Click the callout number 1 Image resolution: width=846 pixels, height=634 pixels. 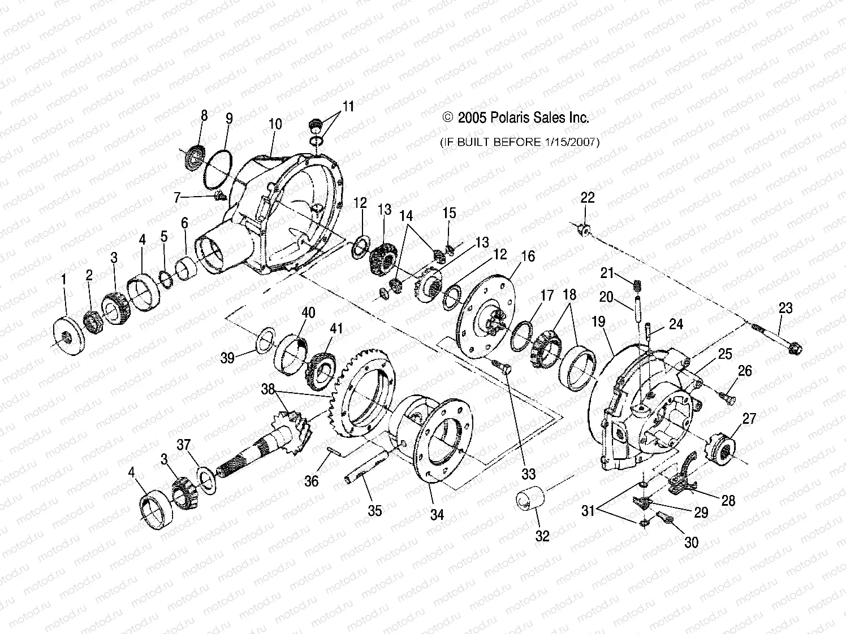pos(64,279)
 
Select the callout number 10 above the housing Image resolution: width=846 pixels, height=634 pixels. pos(275,124)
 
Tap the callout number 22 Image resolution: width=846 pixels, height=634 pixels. pos(588,198)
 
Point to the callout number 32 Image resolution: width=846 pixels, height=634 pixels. pos(542,536)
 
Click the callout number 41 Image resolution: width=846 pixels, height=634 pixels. pos(336,329)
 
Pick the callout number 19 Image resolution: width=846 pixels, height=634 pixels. pos(598,322)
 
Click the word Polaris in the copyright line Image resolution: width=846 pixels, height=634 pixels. pos(510,118)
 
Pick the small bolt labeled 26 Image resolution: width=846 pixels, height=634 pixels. pos(728,398)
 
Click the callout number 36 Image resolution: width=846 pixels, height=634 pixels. pos(312,481)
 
